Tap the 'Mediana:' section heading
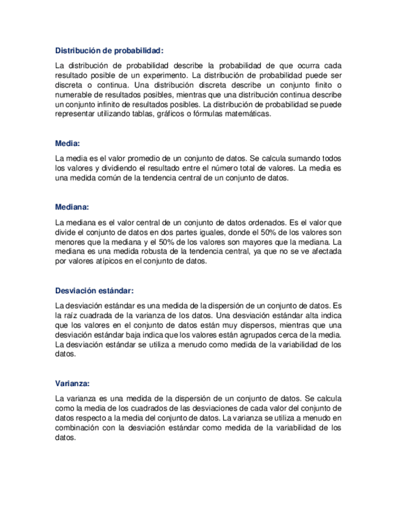point(72,207)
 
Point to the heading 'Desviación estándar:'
point(94,290)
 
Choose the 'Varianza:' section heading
point(72,384)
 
